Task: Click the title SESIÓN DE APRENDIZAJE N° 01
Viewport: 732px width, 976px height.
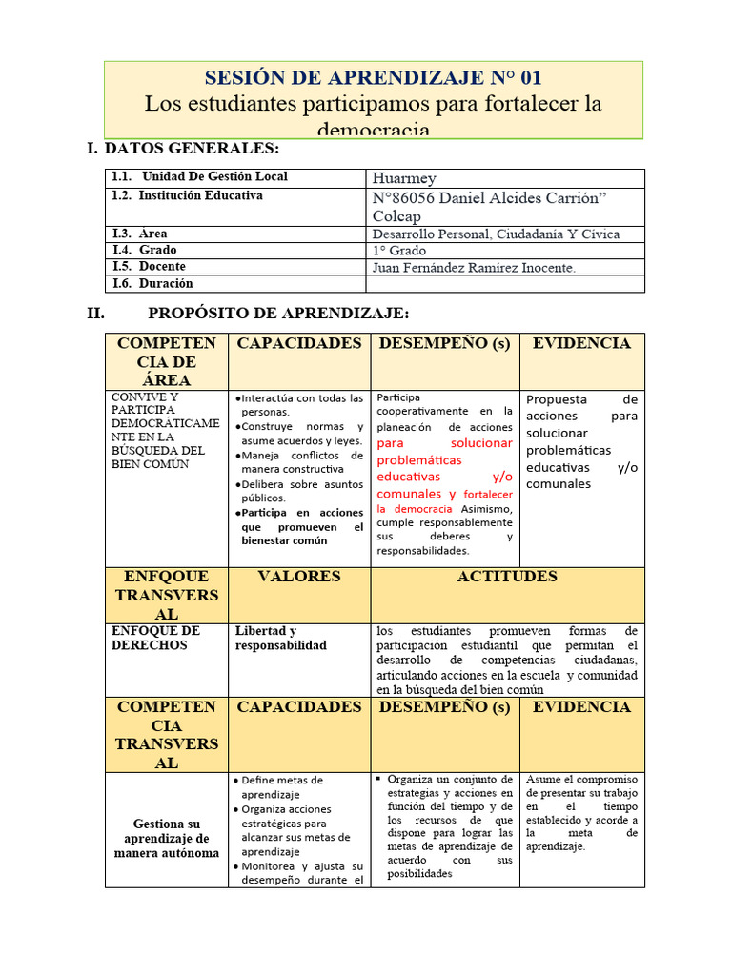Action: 374,77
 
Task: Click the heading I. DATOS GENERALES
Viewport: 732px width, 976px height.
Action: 184,149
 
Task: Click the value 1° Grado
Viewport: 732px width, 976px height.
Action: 399,251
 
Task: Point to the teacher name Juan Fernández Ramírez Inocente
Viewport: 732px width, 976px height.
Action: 474,268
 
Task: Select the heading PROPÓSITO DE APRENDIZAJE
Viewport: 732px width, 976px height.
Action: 278,314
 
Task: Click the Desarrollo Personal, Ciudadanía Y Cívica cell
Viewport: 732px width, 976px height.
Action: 496,234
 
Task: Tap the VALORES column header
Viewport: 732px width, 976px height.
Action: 298,577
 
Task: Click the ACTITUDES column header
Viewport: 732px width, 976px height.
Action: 507,577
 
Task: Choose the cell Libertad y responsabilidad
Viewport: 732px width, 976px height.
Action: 280,639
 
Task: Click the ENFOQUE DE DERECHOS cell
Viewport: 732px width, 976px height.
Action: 155,639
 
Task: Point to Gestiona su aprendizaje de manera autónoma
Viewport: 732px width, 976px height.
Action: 167,838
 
